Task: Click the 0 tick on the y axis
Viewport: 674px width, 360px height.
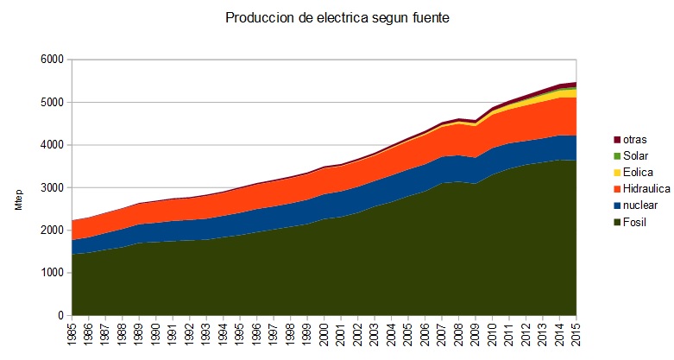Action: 60,315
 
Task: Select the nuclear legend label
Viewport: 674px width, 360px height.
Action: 639,205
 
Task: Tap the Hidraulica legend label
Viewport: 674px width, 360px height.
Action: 644,189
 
